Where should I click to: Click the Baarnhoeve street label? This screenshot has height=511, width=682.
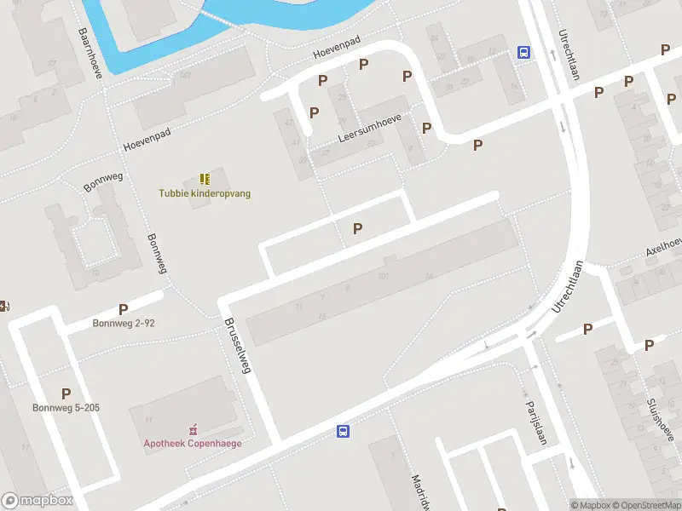click(x=90, y=51)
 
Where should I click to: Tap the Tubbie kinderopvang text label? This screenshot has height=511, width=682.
click(x=205, y=193)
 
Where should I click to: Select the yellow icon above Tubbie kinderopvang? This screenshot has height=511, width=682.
click(x=205, y=179)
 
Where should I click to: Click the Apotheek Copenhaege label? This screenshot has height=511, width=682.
click(x=192, y=443)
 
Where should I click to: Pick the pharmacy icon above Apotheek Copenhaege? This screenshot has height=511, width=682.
click(x=192, y=429)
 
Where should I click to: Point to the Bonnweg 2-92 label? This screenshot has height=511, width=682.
click(x=124, y=324)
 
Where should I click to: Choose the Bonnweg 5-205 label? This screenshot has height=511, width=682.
click(x=66, y=408)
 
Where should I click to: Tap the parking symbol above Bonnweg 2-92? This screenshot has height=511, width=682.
click(x=124, y=310)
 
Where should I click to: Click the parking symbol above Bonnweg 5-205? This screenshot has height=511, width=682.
click(x=66, y=393)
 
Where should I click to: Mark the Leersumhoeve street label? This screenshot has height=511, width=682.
click(x=368, y=126)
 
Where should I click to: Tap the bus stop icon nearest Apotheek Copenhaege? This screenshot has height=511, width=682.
click(x=343, y=432)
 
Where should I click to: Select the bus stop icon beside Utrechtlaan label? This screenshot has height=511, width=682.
click(x=523, y=52)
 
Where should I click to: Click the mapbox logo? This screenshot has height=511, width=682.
click(x=37, y=501)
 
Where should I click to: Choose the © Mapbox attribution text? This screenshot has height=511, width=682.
click(x=592, y=505)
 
